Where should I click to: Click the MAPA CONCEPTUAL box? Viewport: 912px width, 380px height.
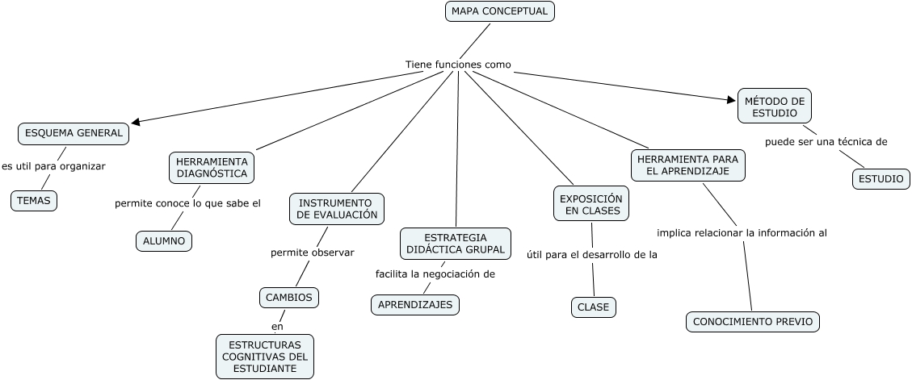click(500, 11)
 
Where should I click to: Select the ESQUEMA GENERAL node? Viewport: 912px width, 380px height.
click(74, 133)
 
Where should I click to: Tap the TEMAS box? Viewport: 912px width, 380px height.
click(34, 201)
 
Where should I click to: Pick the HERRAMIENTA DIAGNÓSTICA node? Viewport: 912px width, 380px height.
click(212, 167)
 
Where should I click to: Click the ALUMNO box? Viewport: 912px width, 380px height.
click(163, 241)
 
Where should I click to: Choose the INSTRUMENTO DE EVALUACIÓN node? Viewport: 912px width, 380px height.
click(336, 209)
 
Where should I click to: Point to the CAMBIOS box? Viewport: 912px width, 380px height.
click(289, 298)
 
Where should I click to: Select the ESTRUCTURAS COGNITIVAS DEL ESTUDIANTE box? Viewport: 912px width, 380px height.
click(264, 357)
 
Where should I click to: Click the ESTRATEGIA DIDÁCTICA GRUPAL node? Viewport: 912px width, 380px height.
click(456, 244)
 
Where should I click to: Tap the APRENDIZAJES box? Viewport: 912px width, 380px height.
click(416, 305)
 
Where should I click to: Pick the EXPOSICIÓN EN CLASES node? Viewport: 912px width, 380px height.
click(591, 204)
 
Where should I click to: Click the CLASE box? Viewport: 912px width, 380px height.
click(593, 307)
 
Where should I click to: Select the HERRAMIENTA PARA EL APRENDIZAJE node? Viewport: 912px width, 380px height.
click(688, 165)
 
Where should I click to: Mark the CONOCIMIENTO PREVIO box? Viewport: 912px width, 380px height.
click(753, 322)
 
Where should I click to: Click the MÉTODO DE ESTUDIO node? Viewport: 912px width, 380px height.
click(775, 106)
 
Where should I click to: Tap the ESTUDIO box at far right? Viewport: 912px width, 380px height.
click(880, 179)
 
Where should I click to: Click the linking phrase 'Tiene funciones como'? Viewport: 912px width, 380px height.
click(458, 65)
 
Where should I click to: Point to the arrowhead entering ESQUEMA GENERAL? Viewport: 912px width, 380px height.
click(135, 122)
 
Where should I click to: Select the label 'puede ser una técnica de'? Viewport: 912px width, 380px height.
click(826, 142)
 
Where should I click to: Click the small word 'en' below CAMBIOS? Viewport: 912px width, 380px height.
click(277, 327)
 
